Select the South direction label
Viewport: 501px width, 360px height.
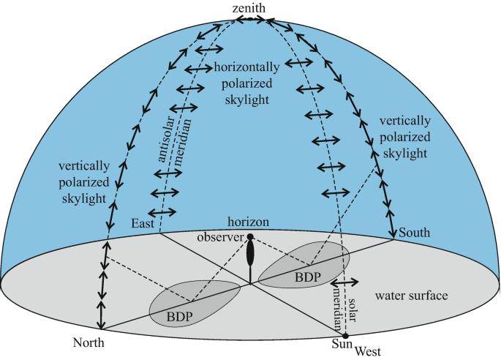[x=415, y=233]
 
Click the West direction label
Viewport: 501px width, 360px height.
[x=368, y=351]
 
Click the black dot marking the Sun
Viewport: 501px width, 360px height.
[x=346, y=335]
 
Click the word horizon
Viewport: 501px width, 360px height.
[x=249, y=222]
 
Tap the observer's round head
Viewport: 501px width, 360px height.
[x=250, y=237]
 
